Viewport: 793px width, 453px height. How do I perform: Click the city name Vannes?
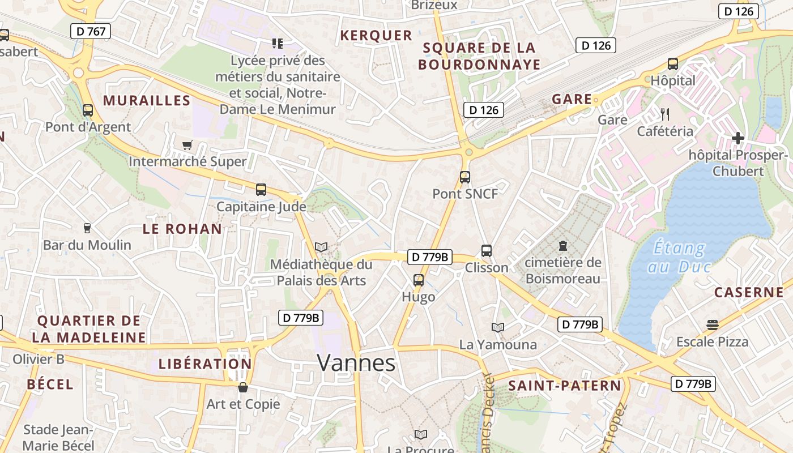point(356,362)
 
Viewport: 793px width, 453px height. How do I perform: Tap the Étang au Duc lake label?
point(679,257)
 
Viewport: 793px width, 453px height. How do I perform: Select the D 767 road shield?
point(91,31)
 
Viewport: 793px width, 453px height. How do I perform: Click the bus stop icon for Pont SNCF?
point(465,177)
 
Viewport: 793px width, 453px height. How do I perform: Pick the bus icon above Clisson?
point(487,251)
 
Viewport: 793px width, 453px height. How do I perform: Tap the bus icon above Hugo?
point(419,280)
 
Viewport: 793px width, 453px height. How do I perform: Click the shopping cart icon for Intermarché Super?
point(187,145)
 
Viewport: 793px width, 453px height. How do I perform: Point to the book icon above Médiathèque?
point(321,247)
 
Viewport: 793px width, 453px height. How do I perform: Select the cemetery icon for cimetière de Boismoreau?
point(563,246)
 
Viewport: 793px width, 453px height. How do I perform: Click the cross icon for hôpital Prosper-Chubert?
point(737,138)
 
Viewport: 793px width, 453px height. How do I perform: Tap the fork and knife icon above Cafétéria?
point(665,114)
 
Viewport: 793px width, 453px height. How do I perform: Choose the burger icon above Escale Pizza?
point(713,325)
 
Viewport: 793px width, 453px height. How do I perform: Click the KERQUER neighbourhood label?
point(376,36)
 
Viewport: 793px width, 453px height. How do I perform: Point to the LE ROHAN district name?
point(182,229)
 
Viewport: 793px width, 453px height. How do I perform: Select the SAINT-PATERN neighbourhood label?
point(565,386)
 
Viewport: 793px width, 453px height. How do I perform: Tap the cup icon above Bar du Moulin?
point(87,228)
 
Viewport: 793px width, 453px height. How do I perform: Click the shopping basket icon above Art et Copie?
point(243,387)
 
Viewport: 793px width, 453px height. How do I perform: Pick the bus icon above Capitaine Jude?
point(261,190)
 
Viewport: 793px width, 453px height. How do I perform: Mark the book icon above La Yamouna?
point(498,327)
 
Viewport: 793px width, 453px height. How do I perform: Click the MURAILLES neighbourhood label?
point(147,101)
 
